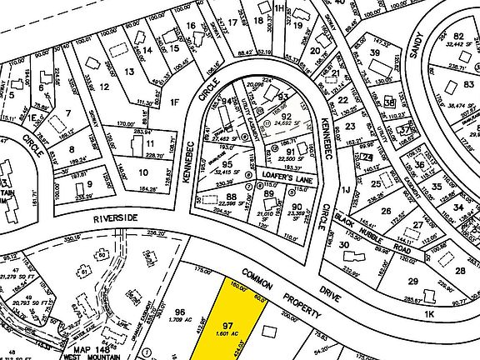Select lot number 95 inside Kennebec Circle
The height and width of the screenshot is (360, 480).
pyautogui.click(x=226, y=164)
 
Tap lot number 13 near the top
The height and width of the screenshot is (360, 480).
pyautogui.click(x=129, y=72)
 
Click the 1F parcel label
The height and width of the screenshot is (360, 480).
pyautogui.click(x=175, y=102)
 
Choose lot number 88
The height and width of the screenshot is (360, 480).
pyautogui.click(x=207, y=198)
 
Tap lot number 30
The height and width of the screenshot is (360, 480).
pyautogui.click(x=344, y=244)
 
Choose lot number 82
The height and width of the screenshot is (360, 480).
pyautogui.click(x=458, y=35)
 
